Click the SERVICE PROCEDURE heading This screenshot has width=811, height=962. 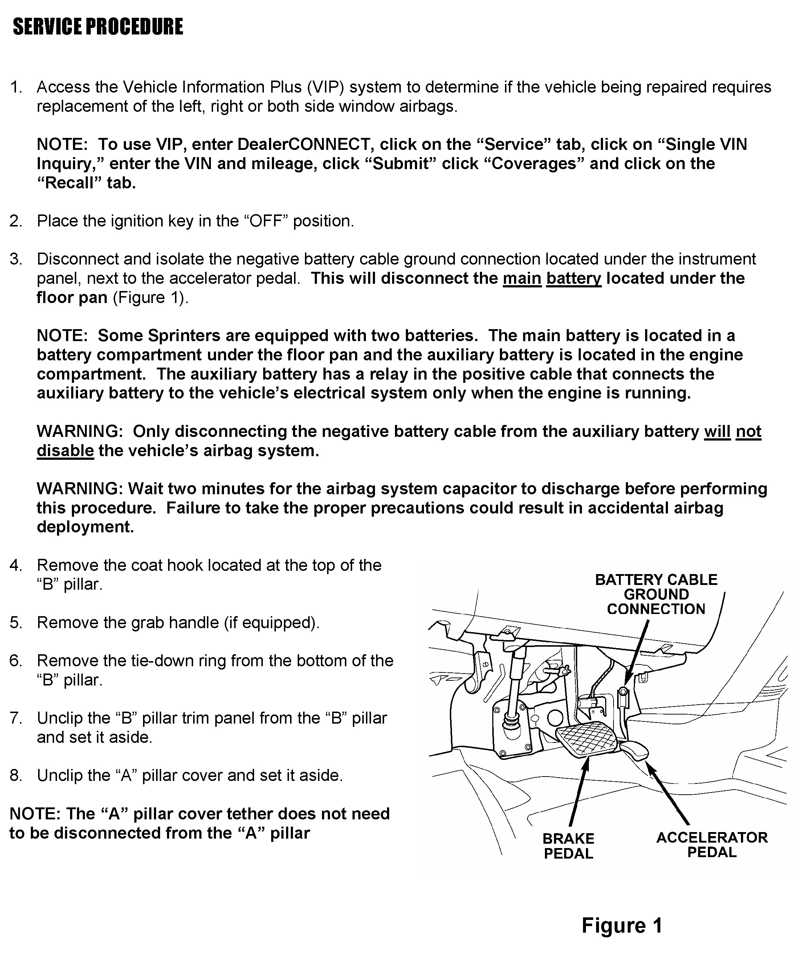pos(98,26)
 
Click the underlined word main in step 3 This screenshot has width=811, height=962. pos(522,279)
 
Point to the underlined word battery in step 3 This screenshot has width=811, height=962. pos(574,279)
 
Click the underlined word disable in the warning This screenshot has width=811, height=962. pos(65,451)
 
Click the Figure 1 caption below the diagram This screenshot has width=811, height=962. pos(622,925)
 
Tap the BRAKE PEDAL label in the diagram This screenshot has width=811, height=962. pos(568,846)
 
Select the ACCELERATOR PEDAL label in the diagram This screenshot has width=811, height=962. pos(712,844)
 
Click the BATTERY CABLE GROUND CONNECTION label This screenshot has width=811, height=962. pos(656,594)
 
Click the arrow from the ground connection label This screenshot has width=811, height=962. pos(637,653)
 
